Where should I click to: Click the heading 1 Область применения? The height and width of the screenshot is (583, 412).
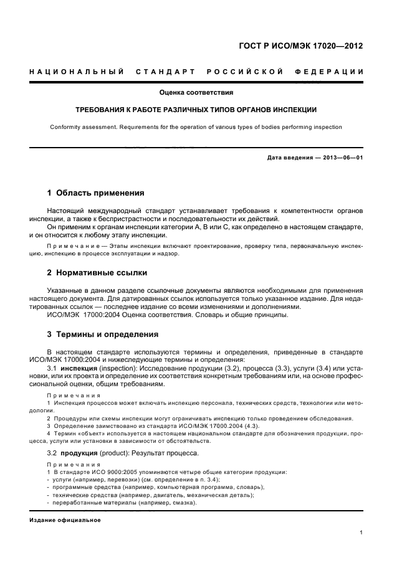(96, 192)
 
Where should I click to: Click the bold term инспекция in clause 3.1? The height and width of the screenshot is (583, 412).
(79, 369)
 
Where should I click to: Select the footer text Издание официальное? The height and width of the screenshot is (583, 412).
(65, 519)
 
